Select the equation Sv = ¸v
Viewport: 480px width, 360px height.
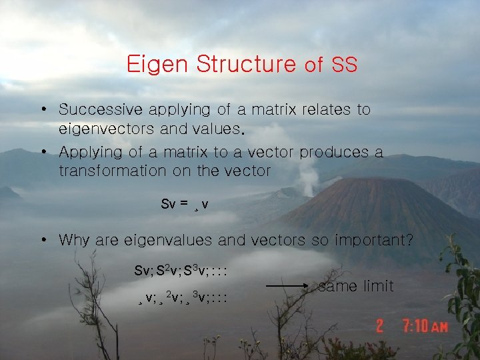[x=185, y=204]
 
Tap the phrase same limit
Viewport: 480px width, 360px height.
[x=356, y=287]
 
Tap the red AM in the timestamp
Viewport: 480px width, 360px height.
[x=439, y=327]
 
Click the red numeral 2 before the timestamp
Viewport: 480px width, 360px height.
[x=380, y=326]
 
